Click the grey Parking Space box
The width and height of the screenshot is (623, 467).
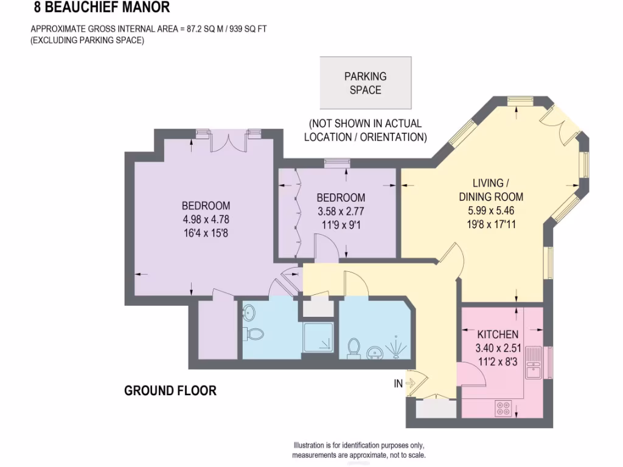pyautogui.click(x=366, y=83)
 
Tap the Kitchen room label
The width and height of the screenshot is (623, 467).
pyautogui.click(x=497, y=334)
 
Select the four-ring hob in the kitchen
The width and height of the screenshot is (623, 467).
pyautogui.click(x=504, y=408)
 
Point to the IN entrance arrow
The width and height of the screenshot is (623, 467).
pyautogui.click(x=409, y=383)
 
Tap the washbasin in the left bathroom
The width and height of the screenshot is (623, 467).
pyautogui.click(x=248, y=313)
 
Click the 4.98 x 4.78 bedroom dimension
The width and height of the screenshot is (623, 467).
pyautogui.click(x=206, y=220)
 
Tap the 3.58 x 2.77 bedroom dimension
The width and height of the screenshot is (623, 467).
pyautogui.click(x=341, y=212)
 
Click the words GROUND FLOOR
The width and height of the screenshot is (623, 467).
pyautogui.click(x=170, y=390)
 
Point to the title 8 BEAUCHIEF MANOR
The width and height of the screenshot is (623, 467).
pyautogui.click(x=102, y=8)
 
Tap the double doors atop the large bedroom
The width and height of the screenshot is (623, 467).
pyautogui.click(x=229, y=142)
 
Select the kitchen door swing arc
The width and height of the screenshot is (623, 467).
pyautogui.click(x=474, y=372)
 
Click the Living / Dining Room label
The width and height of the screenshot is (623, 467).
pyautogui.click(x=490, y=190)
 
